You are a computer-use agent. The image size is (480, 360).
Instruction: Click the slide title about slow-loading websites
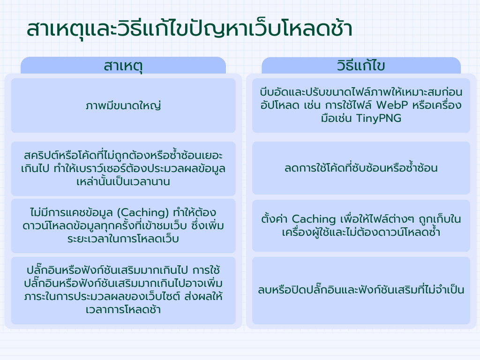point(190,29)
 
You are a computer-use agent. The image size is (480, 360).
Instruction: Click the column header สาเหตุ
point(123,66)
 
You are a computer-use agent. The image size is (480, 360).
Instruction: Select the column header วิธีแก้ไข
point(361,66)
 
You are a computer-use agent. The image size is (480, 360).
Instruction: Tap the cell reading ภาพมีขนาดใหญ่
point(123,105)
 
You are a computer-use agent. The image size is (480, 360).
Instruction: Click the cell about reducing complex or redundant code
point(361,168)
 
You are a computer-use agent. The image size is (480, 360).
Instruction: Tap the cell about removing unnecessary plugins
point(361,291)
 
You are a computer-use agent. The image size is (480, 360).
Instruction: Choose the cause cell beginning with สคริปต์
point(123,168)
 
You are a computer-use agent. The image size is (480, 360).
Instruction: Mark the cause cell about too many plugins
point(123,290)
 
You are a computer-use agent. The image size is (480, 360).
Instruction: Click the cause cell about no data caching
point(123,226)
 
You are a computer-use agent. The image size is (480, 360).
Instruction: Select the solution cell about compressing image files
point(361,105)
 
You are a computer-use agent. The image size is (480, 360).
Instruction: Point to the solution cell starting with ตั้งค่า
point(361,225)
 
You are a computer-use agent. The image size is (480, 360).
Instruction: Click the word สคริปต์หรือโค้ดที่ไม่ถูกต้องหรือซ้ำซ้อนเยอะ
point(123,155)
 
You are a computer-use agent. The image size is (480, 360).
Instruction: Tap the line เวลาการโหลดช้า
point(123,310)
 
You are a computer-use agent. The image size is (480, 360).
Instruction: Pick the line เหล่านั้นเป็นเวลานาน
point(123,181)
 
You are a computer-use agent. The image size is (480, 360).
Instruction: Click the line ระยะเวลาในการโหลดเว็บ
point(123,239)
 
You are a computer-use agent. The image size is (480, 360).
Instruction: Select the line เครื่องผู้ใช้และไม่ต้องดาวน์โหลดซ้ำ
point(361,232)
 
